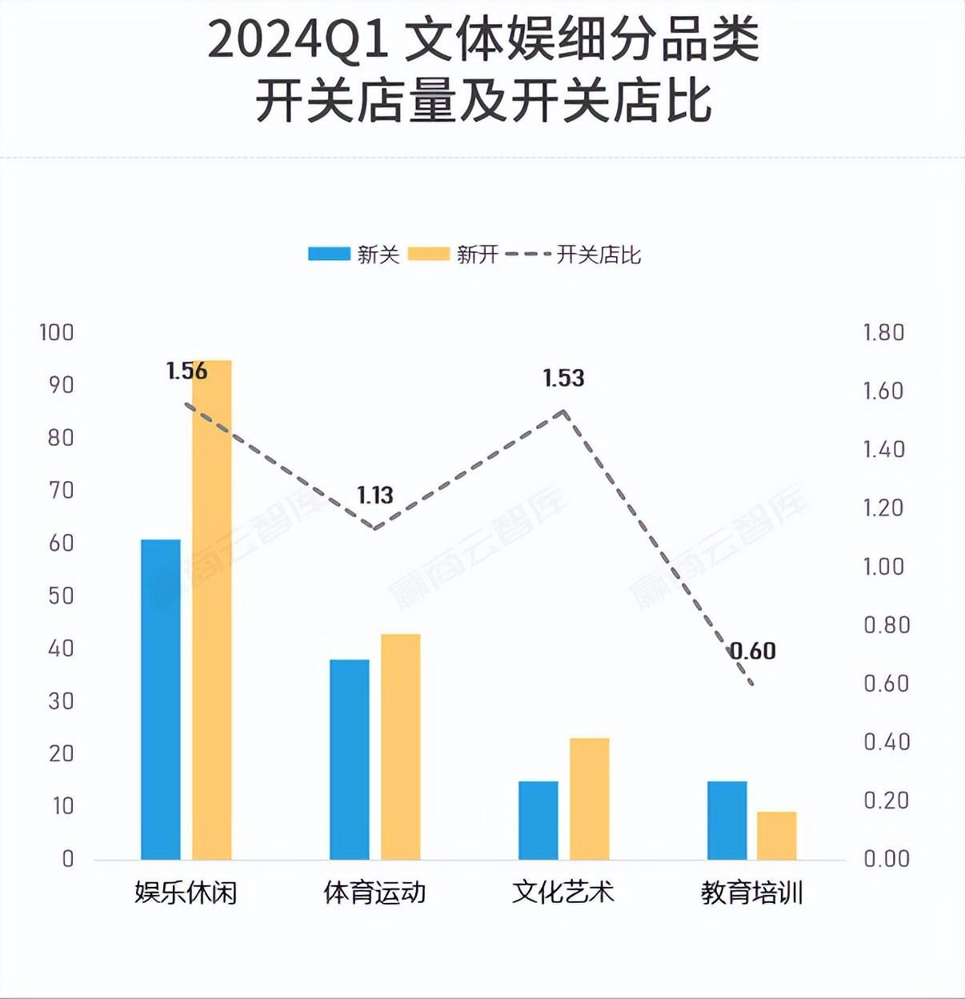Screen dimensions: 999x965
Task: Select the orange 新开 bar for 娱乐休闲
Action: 211,609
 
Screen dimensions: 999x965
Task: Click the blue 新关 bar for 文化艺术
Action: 538,820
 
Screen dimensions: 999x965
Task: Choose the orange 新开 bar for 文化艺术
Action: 589,798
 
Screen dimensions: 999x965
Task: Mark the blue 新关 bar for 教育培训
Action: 727,820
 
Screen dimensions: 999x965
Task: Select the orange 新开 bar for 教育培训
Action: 776,835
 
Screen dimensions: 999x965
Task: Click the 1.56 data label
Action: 186,371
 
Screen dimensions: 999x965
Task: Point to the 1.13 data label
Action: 375,495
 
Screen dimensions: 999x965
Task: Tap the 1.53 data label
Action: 563,378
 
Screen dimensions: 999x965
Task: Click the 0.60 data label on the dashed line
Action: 753,651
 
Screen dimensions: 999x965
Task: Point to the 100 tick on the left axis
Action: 57,332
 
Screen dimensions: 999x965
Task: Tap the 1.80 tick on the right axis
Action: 883,332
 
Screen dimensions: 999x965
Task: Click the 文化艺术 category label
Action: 563,892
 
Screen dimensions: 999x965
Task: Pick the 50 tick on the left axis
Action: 61,596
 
